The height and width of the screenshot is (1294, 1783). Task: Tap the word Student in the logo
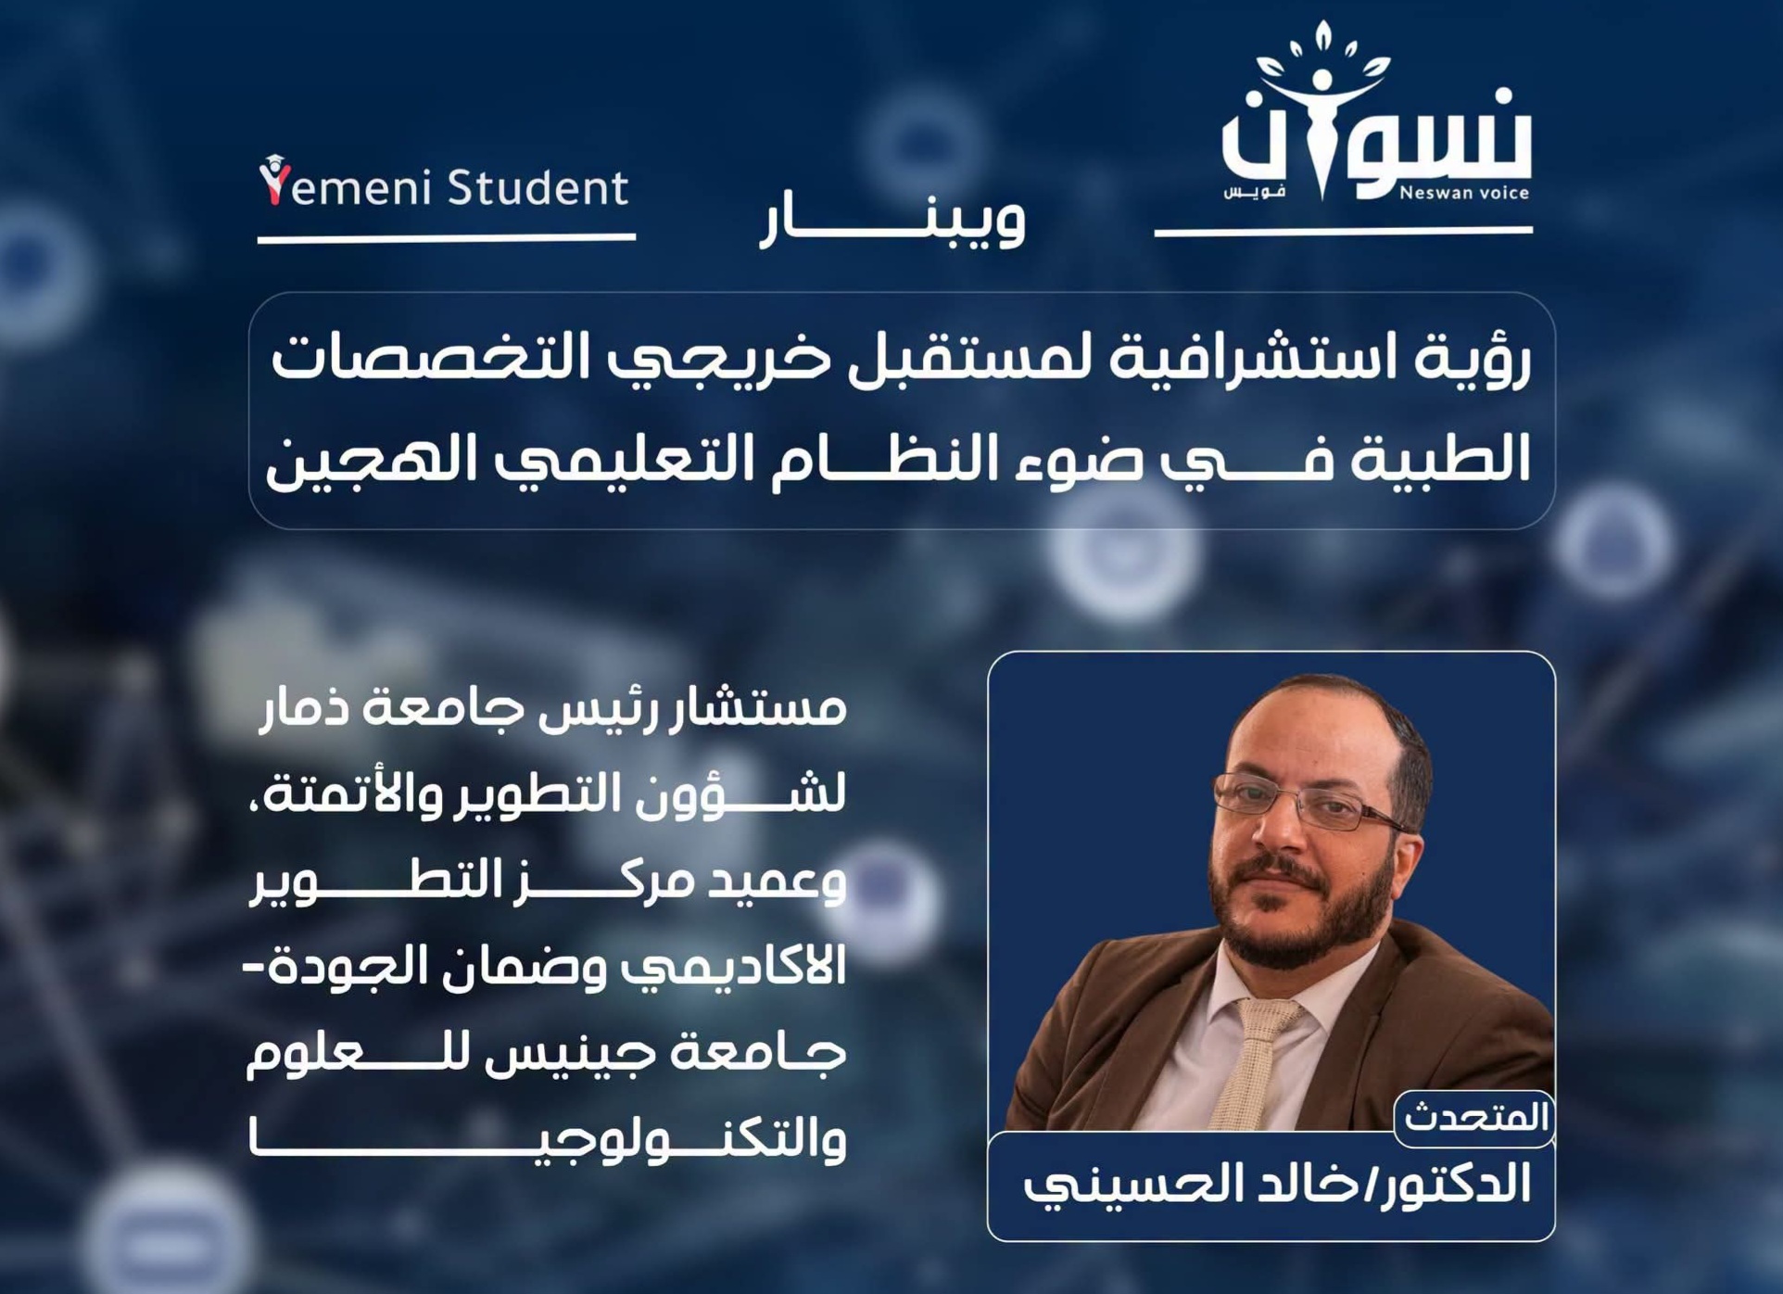pyautogui.click(x=538, y=186)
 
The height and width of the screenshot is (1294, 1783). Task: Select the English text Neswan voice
pyautogui.click(x=1463, y=193)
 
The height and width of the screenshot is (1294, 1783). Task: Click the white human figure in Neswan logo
pyautogui.click(x=1322, y=130)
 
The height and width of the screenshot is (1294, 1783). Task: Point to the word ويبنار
pyautogui.click(x=892, y=219)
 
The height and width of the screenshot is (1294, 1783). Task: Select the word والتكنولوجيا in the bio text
pyautogui.click(x=547, y=1140)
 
